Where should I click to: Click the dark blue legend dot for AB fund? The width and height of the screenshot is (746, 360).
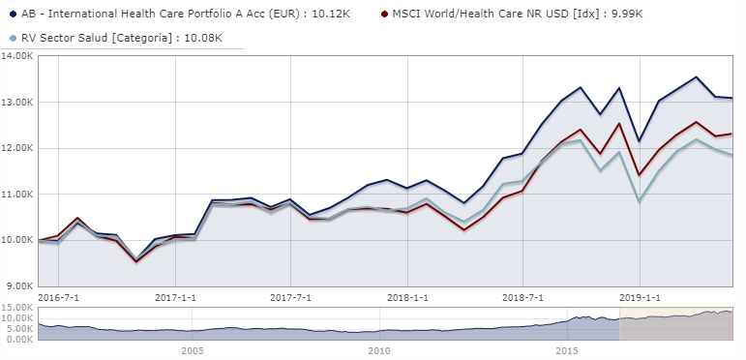[11, 15]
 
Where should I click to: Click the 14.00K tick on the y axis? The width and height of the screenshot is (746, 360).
[17, 56]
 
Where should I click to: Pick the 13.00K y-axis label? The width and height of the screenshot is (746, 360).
[17, 103]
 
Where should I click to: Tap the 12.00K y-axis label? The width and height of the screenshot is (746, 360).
[17, 148]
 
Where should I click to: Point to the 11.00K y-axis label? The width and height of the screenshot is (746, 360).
[17, 195]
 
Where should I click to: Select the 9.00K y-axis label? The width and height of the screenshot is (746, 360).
[19, 286]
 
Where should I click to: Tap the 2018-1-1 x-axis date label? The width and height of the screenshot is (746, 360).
[406, 297]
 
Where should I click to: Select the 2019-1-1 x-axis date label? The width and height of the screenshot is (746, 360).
[640, 297]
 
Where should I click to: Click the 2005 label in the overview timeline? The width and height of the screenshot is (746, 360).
[192, 351]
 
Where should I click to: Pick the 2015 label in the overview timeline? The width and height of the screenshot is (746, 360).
[568, 351]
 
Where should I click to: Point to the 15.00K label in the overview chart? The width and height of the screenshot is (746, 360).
[17, 308]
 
